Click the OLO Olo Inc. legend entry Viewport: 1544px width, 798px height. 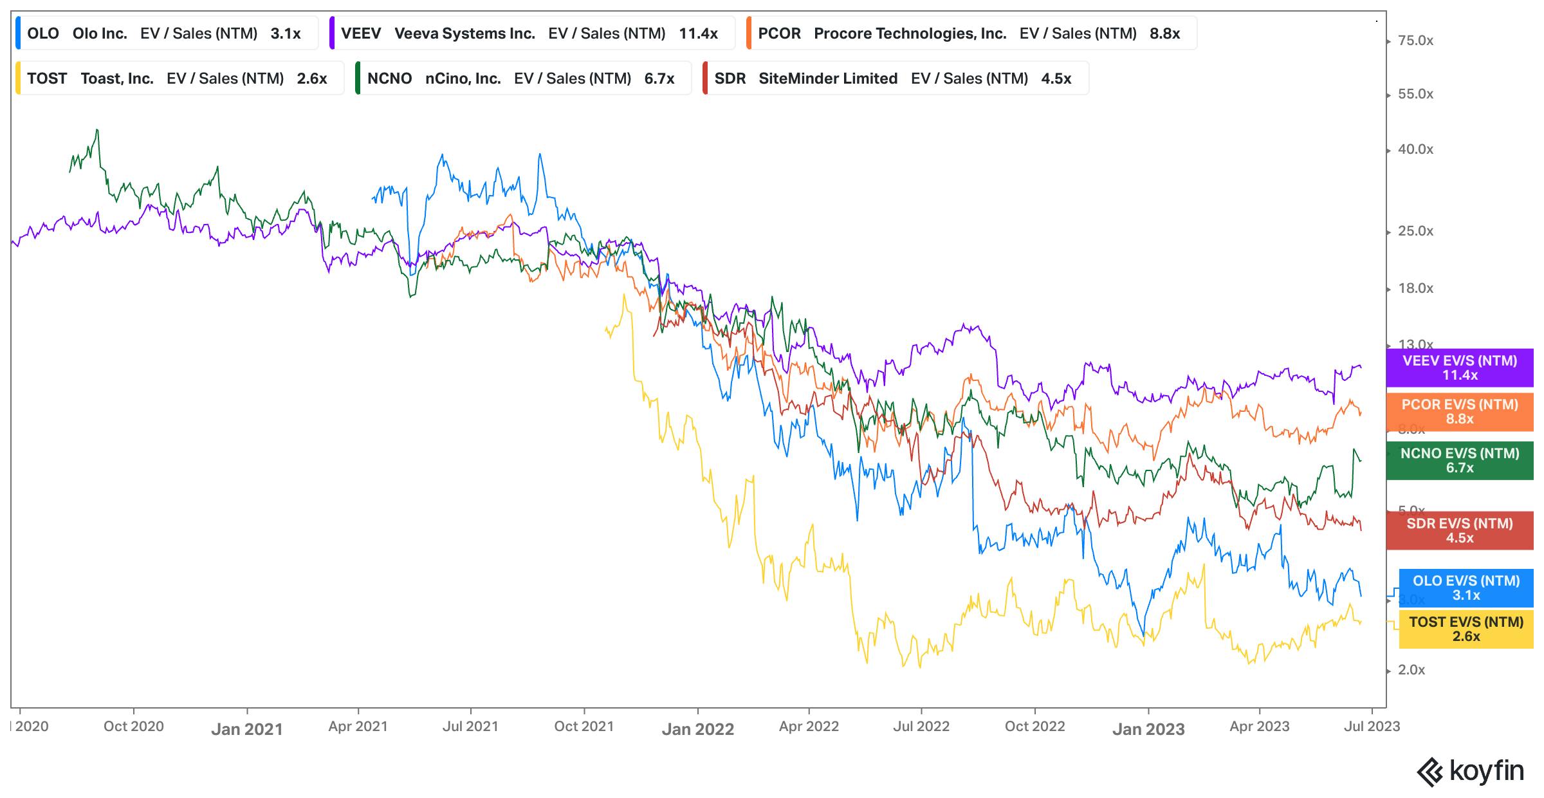(x=166, y=33)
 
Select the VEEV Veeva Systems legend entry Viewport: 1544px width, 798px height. (x=531, y=33)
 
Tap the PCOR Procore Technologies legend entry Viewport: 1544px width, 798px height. (x=971, y=33)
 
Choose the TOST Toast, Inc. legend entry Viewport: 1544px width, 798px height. (x=179, y=79)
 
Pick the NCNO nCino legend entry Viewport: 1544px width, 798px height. (x=522, y=79)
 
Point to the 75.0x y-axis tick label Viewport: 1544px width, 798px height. (x=1415, y=41)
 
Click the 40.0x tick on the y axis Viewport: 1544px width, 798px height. (x=1415, y=149)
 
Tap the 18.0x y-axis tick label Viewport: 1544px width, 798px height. (x=1415, y=288)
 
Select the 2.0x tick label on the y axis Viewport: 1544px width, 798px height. (x=1411, y=670)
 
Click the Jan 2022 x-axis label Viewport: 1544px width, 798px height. (x=698, y=729)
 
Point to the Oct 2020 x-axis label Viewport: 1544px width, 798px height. (x=134, y=727)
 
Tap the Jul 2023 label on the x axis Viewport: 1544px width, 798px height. (x=1372, y=727)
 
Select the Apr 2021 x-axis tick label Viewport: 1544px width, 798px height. (x=358, y=727)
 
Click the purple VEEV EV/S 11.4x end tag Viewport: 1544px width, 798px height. (x=1460, y=367)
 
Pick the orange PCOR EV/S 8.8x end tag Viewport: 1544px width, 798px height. (x=1460, y=412)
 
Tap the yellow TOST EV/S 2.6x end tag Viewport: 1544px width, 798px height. (x=1466, y=629)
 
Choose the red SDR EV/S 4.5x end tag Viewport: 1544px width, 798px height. (x=1460, y=531)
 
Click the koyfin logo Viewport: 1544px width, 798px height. (x=1471, y=772)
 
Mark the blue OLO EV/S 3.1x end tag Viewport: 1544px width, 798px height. (x=1466, y=588)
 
